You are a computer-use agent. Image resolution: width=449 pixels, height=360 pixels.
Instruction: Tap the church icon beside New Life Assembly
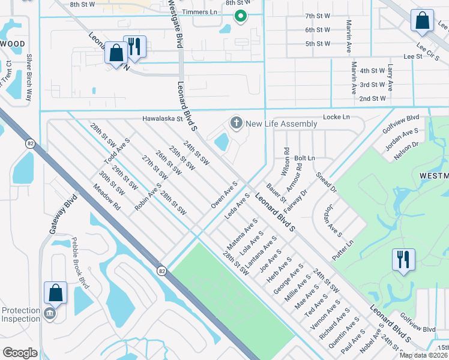click(237, 124)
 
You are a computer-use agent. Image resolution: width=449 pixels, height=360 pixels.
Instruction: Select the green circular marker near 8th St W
click(240, 16)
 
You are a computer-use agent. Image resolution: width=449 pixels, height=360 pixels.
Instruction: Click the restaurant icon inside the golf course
click(402, 260)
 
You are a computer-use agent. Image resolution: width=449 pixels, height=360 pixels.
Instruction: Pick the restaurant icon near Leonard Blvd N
click(134, 47)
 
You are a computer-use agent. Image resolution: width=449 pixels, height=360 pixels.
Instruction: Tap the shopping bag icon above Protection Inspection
click(55, 293)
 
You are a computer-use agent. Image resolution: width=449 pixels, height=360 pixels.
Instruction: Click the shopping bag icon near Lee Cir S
click(422, 21)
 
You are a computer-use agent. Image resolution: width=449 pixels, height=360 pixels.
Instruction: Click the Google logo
click(20, 352)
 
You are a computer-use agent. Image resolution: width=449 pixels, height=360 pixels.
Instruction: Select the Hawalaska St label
click(162, 119)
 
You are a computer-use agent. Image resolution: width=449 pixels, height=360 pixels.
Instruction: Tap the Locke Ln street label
click(336, 117)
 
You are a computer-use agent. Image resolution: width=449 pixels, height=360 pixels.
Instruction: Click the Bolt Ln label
click(304, 158)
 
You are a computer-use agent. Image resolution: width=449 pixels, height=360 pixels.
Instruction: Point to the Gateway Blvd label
click(61, 214)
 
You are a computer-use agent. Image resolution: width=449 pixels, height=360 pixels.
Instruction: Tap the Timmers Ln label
click(201, 12)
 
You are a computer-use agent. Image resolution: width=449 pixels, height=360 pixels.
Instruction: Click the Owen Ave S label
click(224, 195)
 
